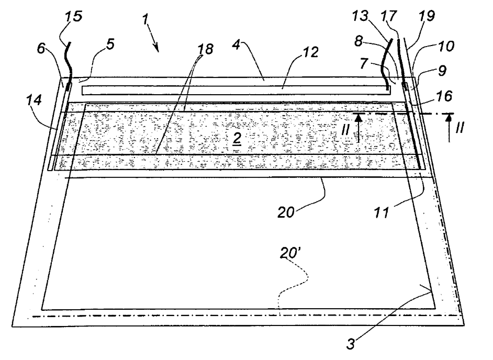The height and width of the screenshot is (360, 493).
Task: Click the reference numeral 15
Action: (x=74, y=16)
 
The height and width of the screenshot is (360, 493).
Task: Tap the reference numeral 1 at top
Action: (x=145, y=19)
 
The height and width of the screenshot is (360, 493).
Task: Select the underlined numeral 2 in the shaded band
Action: (x=237, y=140)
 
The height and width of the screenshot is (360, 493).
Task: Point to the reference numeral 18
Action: (x=205, y=49)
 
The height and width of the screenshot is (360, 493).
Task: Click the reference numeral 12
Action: (x=310, y=52)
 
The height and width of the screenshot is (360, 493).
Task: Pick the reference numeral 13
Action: (x=360, y=16)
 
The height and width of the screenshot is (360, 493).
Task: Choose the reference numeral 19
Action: (x=427, y=16)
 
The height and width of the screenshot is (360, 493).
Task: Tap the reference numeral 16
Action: (x=444, y=96)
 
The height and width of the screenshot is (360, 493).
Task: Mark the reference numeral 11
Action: (x=382, y=213)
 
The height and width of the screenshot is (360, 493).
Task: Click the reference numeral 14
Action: (x=33, y=100)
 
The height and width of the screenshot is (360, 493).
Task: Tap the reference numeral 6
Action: (x=41, y=49)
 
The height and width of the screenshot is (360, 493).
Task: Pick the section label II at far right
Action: (x=460, y=128)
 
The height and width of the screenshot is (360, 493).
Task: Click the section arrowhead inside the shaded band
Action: (x=358, y=118)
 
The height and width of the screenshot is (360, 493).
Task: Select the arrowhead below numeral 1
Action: (x=156, y=49)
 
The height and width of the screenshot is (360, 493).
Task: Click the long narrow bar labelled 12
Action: (x=236, y=91)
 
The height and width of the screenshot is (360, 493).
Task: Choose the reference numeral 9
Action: (x=442, y=71)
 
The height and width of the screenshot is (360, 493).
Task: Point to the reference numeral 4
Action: (x=237, y=45)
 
